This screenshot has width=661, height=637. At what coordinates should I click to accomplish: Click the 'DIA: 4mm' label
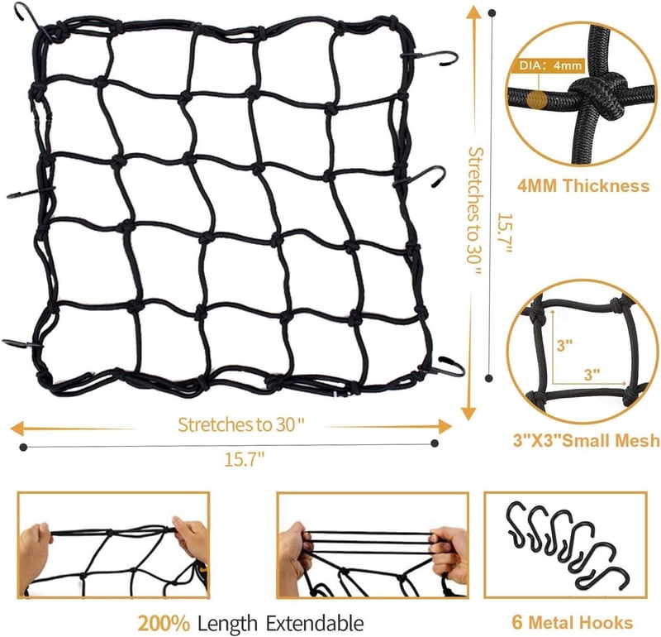click(550, 65)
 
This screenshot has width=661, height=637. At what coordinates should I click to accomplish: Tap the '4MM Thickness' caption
click(583, 186)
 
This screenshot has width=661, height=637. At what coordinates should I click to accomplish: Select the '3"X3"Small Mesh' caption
click(587, 441)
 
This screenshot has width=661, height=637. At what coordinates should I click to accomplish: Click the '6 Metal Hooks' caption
click(572, 623)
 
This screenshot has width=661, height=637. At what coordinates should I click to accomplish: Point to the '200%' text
click(164, 624)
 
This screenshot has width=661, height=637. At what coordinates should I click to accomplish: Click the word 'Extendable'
click(315, 623)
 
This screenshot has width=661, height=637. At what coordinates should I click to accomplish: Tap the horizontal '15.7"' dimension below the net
click(244, 459)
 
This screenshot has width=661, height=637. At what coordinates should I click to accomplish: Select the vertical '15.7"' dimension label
click(505, 232)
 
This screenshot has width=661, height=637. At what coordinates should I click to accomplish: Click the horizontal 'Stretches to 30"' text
click(240, 424)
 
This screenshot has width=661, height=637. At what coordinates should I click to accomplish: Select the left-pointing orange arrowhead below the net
click(17, 429)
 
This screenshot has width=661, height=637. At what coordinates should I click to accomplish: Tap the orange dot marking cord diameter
click(536, 100)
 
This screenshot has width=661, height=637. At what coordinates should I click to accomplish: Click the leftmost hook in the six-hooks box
click(517, 524)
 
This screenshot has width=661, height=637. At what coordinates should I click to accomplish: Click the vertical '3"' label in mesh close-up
click(565, 346)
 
